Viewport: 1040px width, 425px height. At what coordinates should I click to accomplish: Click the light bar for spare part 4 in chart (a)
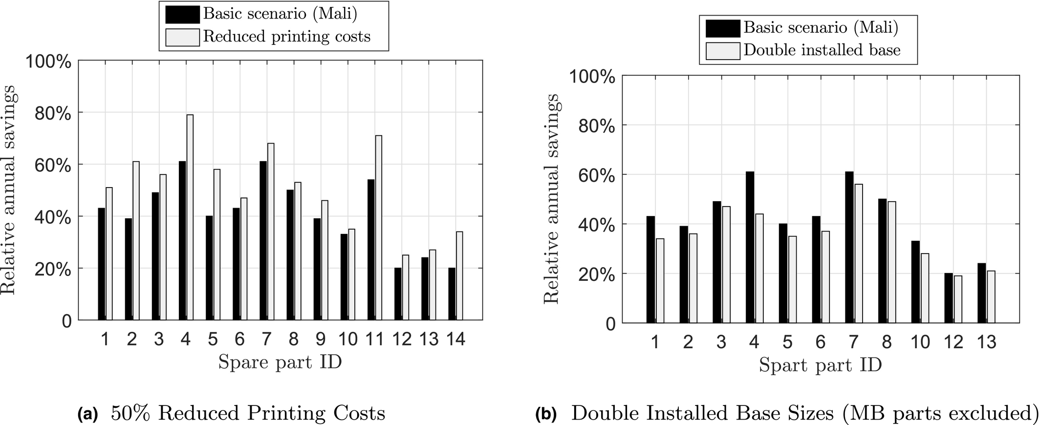click(x=190, y=217)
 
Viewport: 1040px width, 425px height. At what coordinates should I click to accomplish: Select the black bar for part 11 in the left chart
click(x=371, y=250)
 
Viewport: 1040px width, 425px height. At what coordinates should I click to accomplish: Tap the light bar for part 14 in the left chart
click(x=459, y=276)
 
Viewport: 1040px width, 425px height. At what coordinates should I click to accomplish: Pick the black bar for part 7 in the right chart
click(x=849, y=247)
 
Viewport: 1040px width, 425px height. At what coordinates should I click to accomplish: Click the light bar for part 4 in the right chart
click(x=758, y=268)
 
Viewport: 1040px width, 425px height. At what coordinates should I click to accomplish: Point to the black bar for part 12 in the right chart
click(x=949, y=298)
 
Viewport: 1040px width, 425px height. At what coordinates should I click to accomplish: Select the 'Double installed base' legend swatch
click(x=723, y=51)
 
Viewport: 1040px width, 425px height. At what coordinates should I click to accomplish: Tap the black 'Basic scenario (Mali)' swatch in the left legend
click(x=182, y=15)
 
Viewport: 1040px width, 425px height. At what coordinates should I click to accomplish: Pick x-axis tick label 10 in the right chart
click(x=920, y=342)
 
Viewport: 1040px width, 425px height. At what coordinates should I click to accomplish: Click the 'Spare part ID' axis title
click(x=280, y=362)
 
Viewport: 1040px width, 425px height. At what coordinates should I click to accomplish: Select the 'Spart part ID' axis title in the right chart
click(x=821, y=365)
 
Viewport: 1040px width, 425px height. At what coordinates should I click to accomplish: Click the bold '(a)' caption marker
click(x=88, y=414)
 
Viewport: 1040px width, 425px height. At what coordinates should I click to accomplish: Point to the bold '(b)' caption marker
click(x=546, y=414)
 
